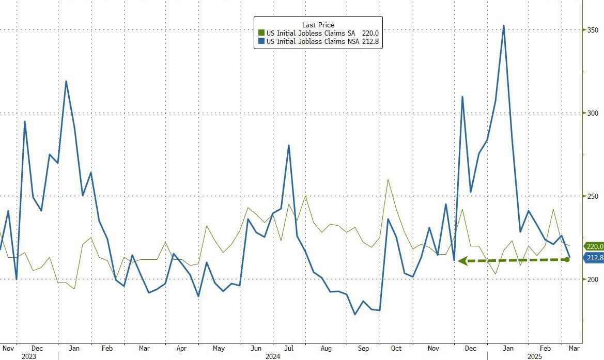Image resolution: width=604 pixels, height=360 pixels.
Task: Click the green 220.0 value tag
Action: point(594,247)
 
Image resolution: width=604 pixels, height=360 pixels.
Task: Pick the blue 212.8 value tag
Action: point(594,258)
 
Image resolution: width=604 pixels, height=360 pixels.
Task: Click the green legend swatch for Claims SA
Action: point(261,33)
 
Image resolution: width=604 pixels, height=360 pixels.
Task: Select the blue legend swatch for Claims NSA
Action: point(261,41)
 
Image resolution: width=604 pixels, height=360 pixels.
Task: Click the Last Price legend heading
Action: point(318,25)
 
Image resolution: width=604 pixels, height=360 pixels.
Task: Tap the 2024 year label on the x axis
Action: point(272,356)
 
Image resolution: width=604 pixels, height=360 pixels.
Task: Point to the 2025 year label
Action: point(534,356)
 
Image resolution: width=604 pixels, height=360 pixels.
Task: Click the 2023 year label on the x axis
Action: point(29,356)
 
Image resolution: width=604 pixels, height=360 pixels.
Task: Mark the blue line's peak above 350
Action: point(503,25)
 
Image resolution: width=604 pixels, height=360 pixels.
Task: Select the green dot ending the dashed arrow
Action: point(567,259)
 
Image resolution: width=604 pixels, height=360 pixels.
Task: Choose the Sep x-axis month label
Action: point(364,348)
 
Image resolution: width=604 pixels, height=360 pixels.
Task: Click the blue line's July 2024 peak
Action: point(288,145)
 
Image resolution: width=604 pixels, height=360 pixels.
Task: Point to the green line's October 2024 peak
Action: point(388,180)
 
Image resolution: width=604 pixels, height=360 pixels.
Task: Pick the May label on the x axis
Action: point(219,348)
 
